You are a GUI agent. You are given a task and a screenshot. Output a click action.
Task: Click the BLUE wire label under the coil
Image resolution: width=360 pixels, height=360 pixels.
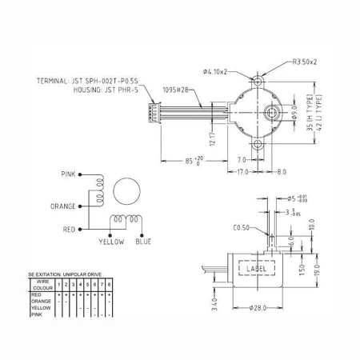click(144, 242)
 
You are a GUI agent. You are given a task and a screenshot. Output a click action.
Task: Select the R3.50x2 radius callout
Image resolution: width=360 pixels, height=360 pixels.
click(306, 62)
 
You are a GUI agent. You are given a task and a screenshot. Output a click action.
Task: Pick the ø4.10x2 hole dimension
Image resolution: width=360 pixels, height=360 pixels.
click(216, 72)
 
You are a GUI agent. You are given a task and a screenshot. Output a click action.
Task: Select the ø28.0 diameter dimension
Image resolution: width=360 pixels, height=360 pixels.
click(258, 307)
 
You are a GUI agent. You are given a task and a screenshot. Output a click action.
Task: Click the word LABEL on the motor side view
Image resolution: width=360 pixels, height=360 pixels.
click(256, 270)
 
